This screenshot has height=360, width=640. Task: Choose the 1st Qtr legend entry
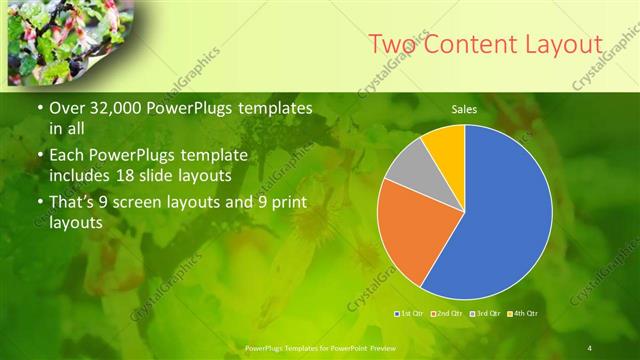410,315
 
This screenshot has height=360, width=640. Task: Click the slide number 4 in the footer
590,347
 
